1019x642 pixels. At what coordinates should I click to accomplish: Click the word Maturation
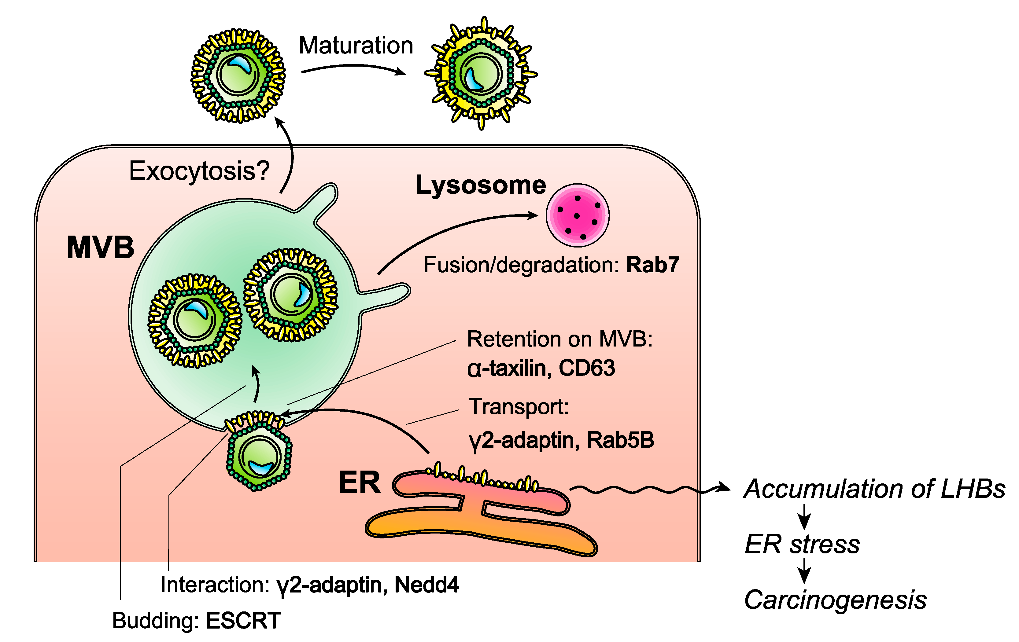coord(356,45)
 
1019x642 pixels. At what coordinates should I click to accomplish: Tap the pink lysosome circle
coord(577,215)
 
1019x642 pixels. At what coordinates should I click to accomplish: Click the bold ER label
coord(359,482)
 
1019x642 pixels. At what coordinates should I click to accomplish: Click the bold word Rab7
coord(652,265)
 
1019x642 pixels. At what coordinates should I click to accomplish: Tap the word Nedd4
coord(426,585)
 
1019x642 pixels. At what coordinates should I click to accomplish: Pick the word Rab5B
coord(620,440)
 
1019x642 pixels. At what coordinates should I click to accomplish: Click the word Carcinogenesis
coord(835,600)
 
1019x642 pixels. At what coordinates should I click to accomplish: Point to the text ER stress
coord(802,544)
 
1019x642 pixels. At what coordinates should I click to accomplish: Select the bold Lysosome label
coord(481,185)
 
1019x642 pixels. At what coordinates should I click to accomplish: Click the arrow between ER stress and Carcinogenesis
coord(804,571)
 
